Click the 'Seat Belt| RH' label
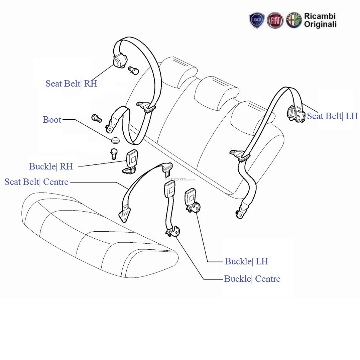point(71,84)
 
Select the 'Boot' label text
point(52,120)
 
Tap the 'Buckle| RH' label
point(51,166)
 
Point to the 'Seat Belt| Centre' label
point(36,182)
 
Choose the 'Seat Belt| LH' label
point(332,116)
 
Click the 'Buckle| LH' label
point(246,261)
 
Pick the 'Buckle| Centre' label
point(252,279)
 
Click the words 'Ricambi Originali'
point(320,20)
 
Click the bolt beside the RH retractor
point(133,70)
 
